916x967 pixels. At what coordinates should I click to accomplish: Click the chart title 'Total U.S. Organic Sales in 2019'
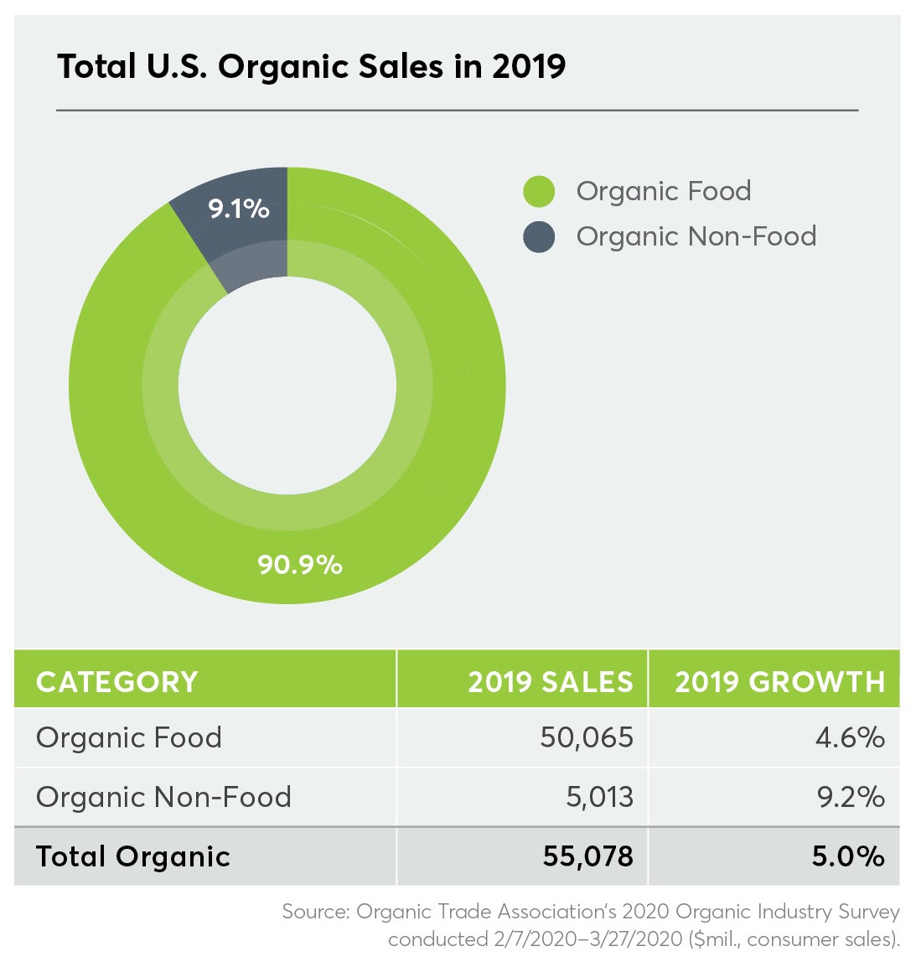click(311, 66)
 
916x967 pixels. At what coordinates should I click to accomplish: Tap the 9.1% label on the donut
click(239, 208)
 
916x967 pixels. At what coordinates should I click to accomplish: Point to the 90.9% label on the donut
click(300, 564)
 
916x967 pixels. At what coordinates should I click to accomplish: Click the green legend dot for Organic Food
click(539, 192)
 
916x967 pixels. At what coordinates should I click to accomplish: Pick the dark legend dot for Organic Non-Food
click(539, 237)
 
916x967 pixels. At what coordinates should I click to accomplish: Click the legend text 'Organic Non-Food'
click(696, 236)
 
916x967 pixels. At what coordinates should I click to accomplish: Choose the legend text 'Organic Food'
click(663, 191)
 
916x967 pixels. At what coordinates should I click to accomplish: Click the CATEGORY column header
click(117, 681)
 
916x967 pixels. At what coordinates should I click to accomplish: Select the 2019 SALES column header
click(550, 681)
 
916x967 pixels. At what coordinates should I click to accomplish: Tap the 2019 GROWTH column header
click(779, 681)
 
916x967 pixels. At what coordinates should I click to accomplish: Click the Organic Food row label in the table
click(129, 737)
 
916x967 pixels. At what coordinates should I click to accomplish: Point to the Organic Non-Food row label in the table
click(163, 797)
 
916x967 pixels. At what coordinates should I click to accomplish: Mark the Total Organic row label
click(133, 856)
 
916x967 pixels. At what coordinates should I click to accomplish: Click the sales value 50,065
click(587, 737)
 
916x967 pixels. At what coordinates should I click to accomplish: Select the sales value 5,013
click(599, 797)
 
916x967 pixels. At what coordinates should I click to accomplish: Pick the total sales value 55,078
click(587, 856)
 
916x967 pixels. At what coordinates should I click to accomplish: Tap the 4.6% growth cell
click(850, 737)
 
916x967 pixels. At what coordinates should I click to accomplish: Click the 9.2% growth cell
click(851, 797)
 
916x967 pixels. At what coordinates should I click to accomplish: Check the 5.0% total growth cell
click(848, 856)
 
